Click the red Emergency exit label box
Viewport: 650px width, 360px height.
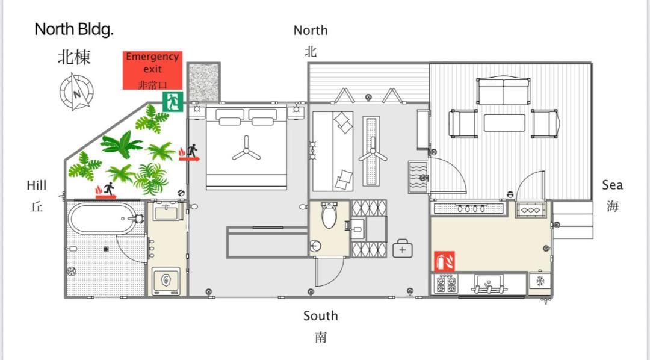point(152,70)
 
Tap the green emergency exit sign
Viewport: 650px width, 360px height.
point(173,102)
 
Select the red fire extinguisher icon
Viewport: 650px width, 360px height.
point(444,262)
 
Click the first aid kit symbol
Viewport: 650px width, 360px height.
point(403,249)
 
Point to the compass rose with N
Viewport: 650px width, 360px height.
point(76,92)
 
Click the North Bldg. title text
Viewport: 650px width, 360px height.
point(74,29)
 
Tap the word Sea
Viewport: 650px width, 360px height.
point(612,185)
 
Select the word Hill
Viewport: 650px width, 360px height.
point(37,185)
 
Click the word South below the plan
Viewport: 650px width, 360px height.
point(320,316)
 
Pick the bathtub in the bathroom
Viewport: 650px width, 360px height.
point(103,219)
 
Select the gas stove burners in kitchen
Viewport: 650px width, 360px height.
point(446,285)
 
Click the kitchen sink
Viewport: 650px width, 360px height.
point(489,284)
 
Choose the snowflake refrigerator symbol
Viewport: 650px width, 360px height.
point(540,281)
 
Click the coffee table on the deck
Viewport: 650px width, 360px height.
point(504,123)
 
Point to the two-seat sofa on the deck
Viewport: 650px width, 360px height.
point(503,92)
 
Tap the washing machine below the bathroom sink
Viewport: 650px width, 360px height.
point(166,281)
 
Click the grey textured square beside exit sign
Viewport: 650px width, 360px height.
point(203,82)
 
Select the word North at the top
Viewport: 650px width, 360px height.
point(311,30)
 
